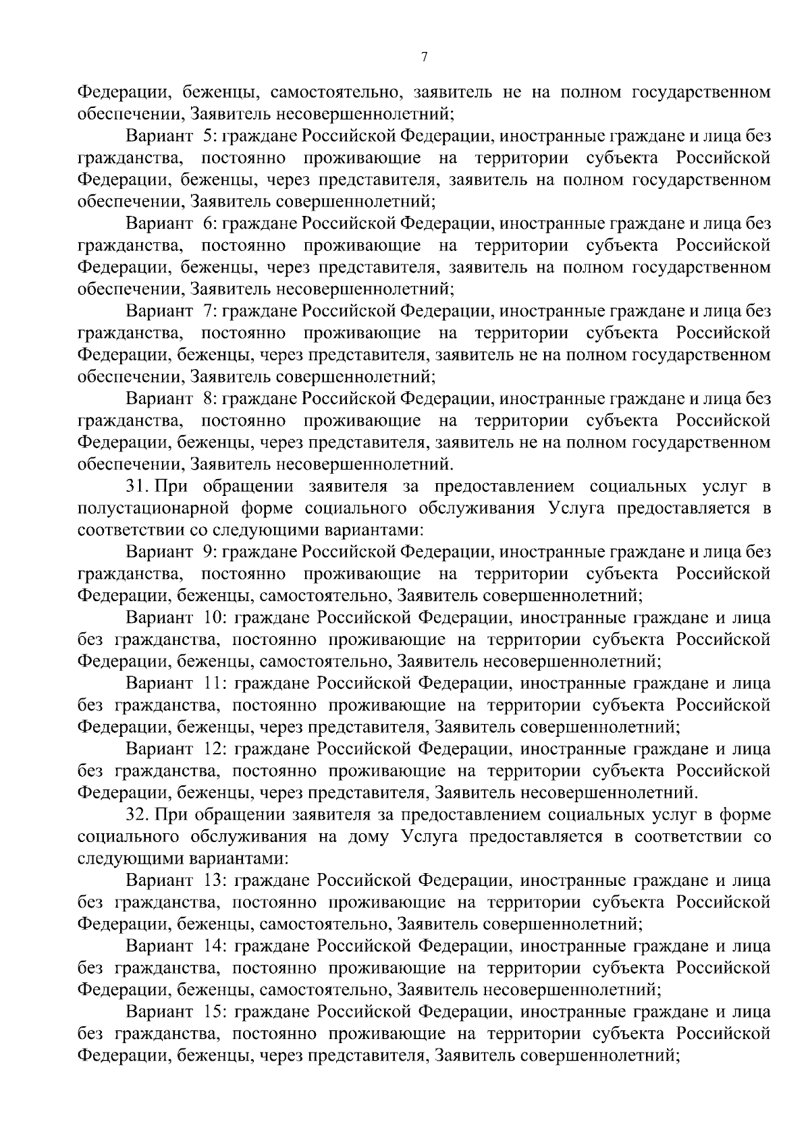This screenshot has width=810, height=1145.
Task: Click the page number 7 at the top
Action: coord(424,57)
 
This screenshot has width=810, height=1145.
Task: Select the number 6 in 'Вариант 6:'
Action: coord(207,224)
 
